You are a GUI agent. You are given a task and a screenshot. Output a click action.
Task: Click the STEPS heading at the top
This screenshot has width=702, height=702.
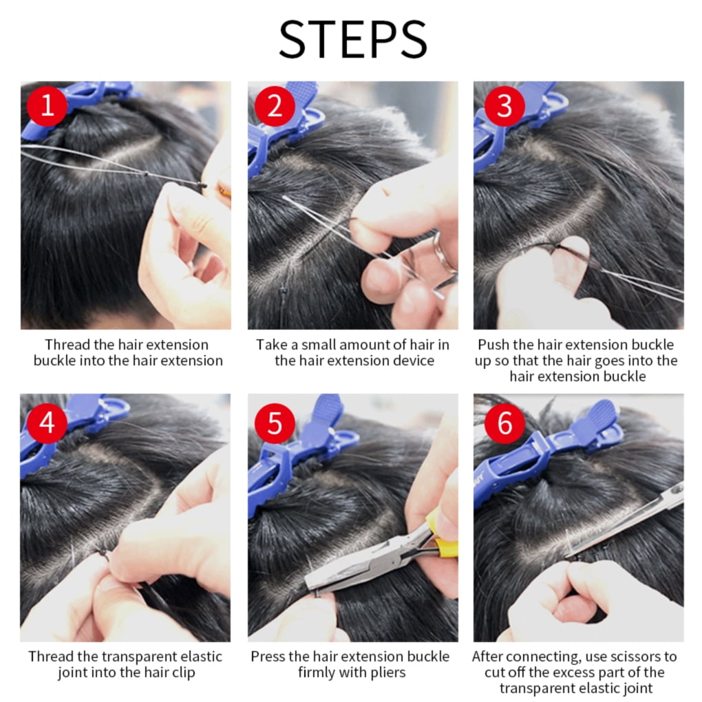(x=353, y=39)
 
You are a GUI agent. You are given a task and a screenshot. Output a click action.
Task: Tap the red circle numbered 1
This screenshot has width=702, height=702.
(x=47, y=106)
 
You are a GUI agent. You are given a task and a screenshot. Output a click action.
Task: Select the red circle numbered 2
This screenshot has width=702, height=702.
(x=275, y=106)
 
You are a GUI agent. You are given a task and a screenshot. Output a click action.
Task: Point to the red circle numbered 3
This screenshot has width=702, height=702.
(x=504, y=106)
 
